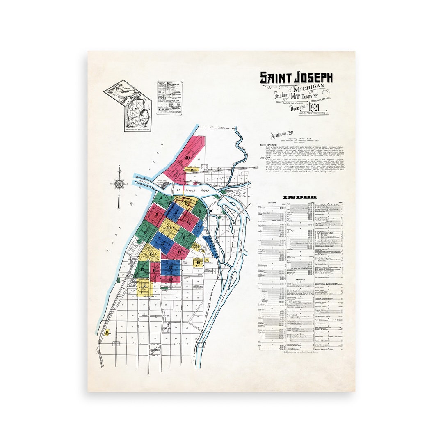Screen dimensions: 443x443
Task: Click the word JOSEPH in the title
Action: pos(312,78)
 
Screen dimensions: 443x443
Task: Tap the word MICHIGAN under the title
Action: pos(309,89)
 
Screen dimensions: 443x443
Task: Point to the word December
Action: pos(299,109)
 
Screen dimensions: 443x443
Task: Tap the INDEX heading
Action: pos(300,197)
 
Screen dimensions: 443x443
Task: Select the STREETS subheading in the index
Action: pos(272,203)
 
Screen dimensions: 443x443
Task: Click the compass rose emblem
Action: pos(119,184)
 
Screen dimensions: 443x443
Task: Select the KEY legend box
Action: pos(169,98)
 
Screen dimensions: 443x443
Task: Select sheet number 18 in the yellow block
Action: pos(145,285)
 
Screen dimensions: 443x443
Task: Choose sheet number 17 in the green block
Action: pos(142,269)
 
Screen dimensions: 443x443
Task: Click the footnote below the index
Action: pos(300,352)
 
